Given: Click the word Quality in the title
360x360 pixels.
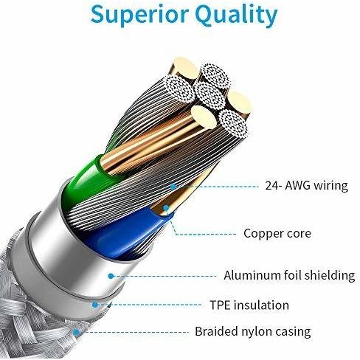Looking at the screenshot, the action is tap(238, 16).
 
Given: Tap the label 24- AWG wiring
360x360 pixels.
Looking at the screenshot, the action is tap(306, 186).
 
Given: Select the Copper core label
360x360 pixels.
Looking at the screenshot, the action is tap(277, 233).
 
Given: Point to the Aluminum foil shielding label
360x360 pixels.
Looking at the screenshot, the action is tap(289, 275).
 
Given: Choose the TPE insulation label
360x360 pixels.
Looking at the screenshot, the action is tap(249, 305).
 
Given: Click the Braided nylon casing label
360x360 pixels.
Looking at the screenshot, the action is tap(253, 331).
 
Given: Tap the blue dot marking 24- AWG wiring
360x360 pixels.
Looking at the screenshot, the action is tap(173, 187).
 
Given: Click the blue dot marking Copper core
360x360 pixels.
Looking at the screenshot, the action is tap(166, 208).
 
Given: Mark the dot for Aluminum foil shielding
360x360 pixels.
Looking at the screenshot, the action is tap(111, 276).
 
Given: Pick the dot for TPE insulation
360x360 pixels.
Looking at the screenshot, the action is tap(95, 305).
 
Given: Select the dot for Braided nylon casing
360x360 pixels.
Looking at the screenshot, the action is tap(77, 333).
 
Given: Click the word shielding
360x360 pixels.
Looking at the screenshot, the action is tap(330, 276).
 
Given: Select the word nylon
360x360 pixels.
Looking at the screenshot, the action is tap(257, 332).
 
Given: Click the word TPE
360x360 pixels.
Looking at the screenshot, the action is tap(220, 305).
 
